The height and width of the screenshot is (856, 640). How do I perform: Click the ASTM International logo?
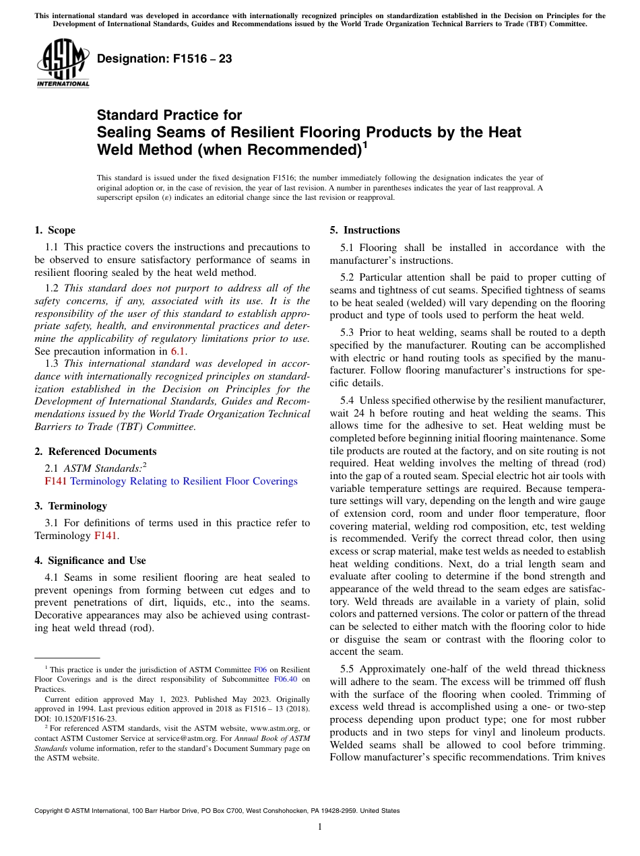tap(62, 64)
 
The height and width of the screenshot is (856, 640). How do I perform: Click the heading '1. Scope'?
tap(55, 230)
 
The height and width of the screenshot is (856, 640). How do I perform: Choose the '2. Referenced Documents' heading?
tap(95, 452)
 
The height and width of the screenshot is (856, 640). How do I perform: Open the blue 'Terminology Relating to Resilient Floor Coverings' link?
tap(183, 481)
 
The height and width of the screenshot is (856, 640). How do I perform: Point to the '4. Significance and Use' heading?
tap(90, 561)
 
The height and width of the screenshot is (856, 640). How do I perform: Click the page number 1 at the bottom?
tap(320, 827)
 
